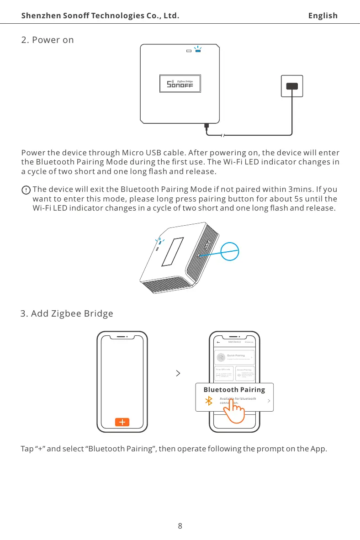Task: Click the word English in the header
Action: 323,16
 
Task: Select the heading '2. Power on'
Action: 48,40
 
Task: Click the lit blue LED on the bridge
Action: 198,51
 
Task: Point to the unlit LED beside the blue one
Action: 188,51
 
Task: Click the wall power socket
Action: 291,86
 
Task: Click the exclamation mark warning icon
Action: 26,190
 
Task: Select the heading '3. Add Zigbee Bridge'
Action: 67,314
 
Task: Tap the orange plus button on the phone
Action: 122,422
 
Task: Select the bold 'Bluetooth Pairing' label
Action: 234,389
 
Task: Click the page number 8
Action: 180,525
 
